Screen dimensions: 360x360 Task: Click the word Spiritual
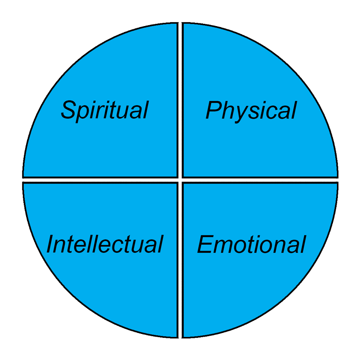(x=104, y=110)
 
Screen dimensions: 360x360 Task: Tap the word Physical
(x=251, y=110)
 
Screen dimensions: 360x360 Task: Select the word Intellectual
(x=104, y=244)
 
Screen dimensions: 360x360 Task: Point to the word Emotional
(x=252, y=244)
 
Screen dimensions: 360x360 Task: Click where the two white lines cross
(x=180, y=180)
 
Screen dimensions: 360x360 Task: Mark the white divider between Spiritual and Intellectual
(x=99, y=180)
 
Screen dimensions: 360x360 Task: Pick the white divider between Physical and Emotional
(x=261, y=180)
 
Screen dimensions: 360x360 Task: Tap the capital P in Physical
(x=214, y=110)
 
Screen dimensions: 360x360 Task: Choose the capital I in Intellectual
(x=50, y=244)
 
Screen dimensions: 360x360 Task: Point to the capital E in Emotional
(x=205, y=244)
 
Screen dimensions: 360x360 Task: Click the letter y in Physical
(x=239, y=113)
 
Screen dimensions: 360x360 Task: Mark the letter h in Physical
(x=227, y=110)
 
